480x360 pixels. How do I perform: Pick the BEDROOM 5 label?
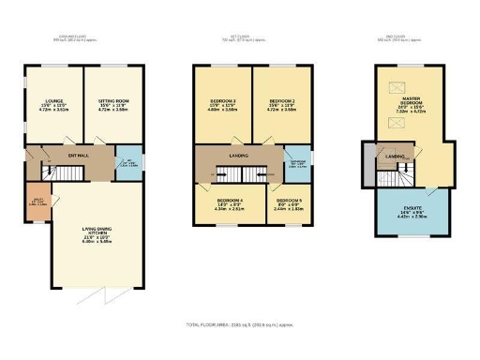click(285, 202)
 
